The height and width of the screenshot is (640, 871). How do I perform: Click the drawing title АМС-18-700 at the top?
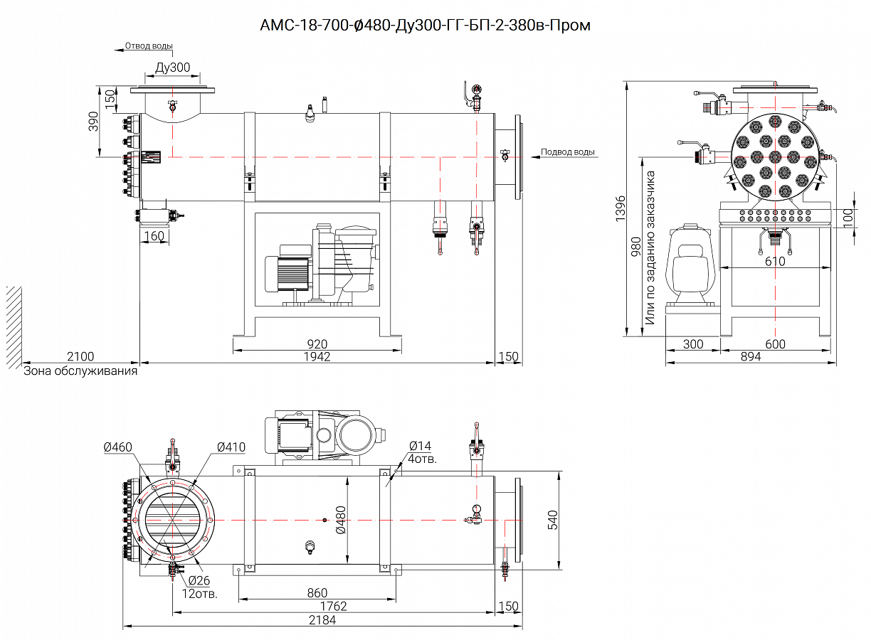click(426, 26)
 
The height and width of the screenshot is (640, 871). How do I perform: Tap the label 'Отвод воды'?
click(149, 46)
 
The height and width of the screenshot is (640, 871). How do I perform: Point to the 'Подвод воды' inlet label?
click(567, 151)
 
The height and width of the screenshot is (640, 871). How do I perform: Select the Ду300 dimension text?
click(172, 68)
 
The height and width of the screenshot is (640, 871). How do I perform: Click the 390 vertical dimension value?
click(93, 122)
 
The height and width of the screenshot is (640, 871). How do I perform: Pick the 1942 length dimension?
click(317, 356)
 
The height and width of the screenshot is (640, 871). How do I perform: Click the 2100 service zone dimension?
click(80, 356)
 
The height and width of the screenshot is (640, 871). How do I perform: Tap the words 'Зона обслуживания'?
click(80, 370)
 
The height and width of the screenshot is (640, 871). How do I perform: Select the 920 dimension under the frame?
click(317, 344)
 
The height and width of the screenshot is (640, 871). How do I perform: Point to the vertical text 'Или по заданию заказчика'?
click(650, 247)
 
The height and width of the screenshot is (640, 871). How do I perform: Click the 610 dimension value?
click(775, 261)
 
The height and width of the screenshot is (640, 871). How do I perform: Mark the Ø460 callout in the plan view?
click(117, 447)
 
